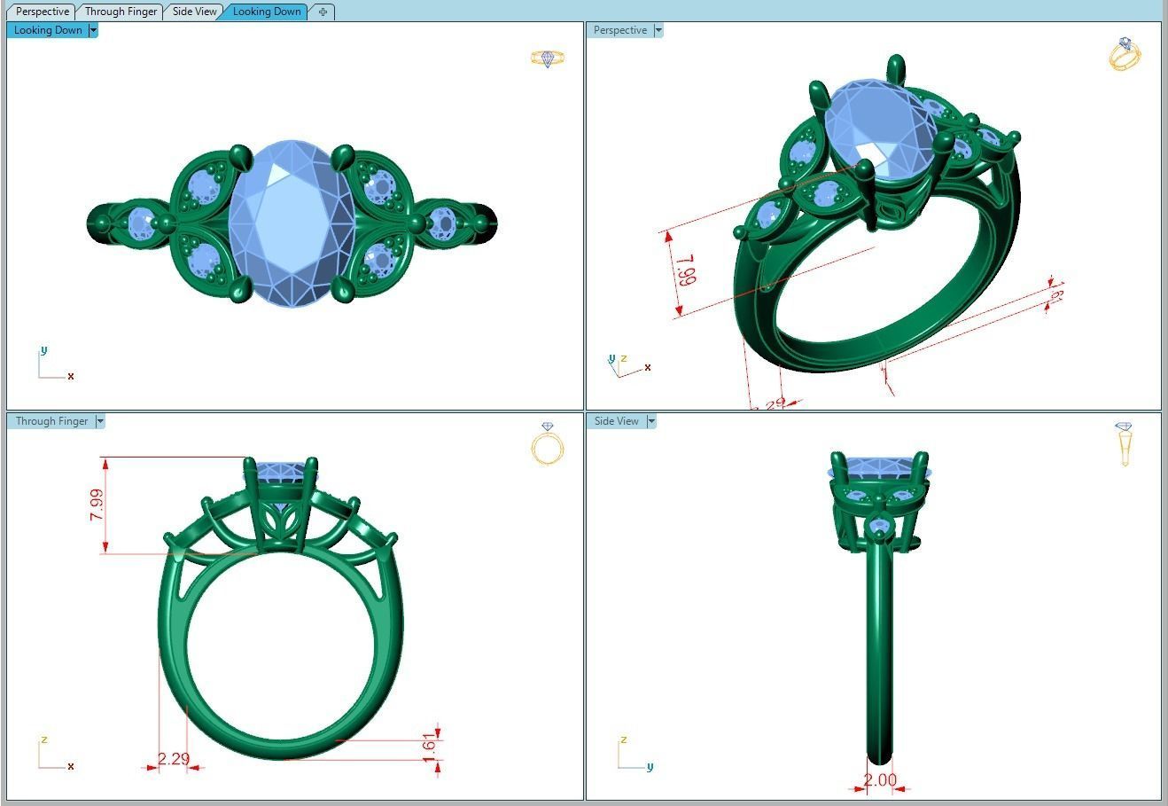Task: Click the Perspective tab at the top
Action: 42,12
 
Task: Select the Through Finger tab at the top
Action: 121,12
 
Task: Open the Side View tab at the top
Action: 194,12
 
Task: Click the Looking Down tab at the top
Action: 267,12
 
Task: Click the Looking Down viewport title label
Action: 48,30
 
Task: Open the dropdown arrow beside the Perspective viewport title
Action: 658,30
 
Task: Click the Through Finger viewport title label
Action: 51,421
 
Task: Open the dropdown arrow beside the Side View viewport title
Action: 651,421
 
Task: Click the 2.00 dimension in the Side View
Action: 880,780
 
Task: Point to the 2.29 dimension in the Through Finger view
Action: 174,759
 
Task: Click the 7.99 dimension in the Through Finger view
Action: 97,505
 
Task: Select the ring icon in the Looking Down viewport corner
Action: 548,59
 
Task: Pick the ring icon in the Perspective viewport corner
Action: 1125,54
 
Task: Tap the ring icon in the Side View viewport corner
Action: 1125,443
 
